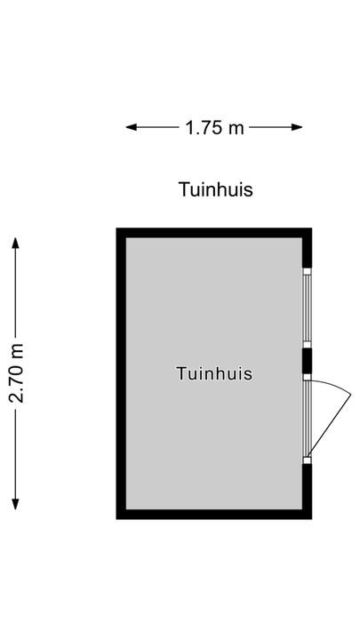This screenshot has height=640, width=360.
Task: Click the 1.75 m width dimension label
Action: coord(214,128)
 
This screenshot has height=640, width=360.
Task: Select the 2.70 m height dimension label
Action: coord(17,373)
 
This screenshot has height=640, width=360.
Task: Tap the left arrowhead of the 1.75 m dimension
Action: coord(131,127)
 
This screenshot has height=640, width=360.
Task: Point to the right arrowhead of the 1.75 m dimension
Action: coord(297,127)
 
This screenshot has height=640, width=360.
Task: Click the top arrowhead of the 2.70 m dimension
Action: coord(15,243)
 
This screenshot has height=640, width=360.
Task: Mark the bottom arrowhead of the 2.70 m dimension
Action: coord(15,505)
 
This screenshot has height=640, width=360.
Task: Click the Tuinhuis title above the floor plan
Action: coord(215,190)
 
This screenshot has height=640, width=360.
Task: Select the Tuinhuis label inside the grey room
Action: coord(214,373)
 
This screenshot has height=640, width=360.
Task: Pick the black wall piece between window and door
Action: coord(307,361)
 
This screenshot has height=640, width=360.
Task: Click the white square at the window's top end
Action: coord(307,270)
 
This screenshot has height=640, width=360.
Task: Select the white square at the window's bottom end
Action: coord(307,345)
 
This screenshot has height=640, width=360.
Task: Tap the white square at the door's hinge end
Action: coord(307,460)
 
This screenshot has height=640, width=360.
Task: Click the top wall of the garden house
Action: coord(214,233)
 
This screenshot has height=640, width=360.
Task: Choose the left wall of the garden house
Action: coord(121,373)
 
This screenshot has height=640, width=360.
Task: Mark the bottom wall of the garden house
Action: coord(214,515)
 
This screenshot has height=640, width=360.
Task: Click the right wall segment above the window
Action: coord(307,248)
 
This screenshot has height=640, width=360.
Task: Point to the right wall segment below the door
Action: coord(307,492)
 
